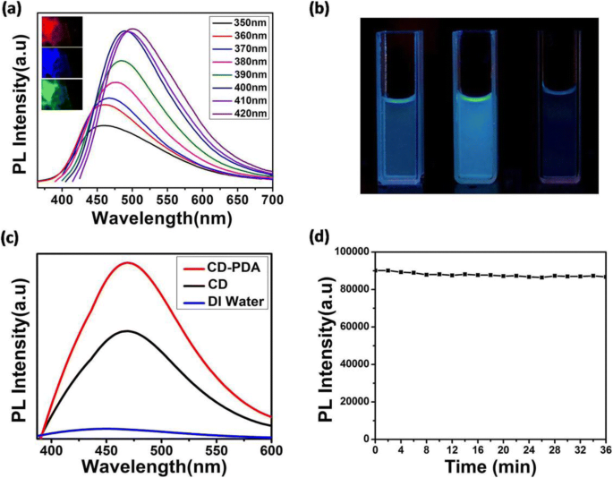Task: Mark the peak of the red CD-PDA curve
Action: click(x=128, y=262)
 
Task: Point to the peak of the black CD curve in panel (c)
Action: click(x=128, y=331)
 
